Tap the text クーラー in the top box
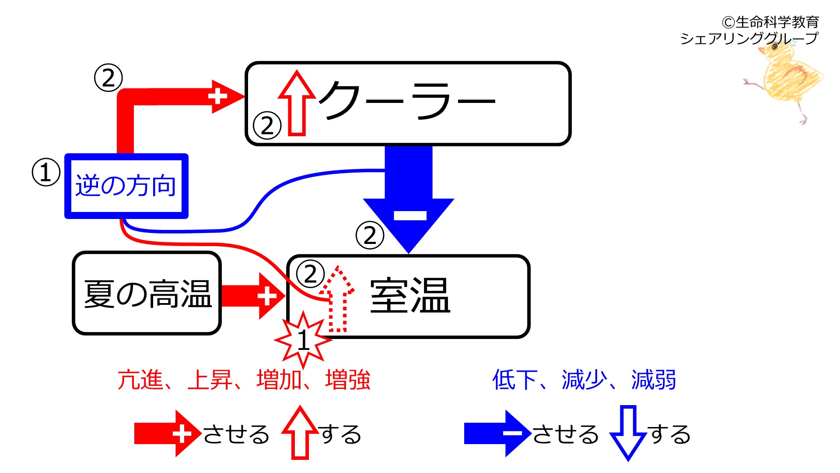click(x=407, y=100)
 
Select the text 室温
click(x=410, y=296)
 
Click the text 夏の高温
click(x=148, y=293)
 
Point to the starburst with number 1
click(x=303, y=340)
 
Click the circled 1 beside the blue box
click(x=46, y=172)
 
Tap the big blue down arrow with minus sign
click(x=409, y=199)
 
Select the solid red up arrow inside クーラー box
click(x=297, y=103)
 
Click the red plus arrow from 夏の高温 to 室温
click(x=253, y=296)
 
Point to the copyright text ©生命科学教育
click(x=770, y=22)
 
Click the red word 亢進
click(x=140, y=380)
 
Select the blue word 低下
click(x=515, y=380)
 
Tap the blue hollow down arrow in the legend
click(x=628, y=433)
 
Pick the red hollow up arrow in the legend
click(x=300, y=433)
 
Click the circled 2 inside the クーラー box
click(x=267, y=125)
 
